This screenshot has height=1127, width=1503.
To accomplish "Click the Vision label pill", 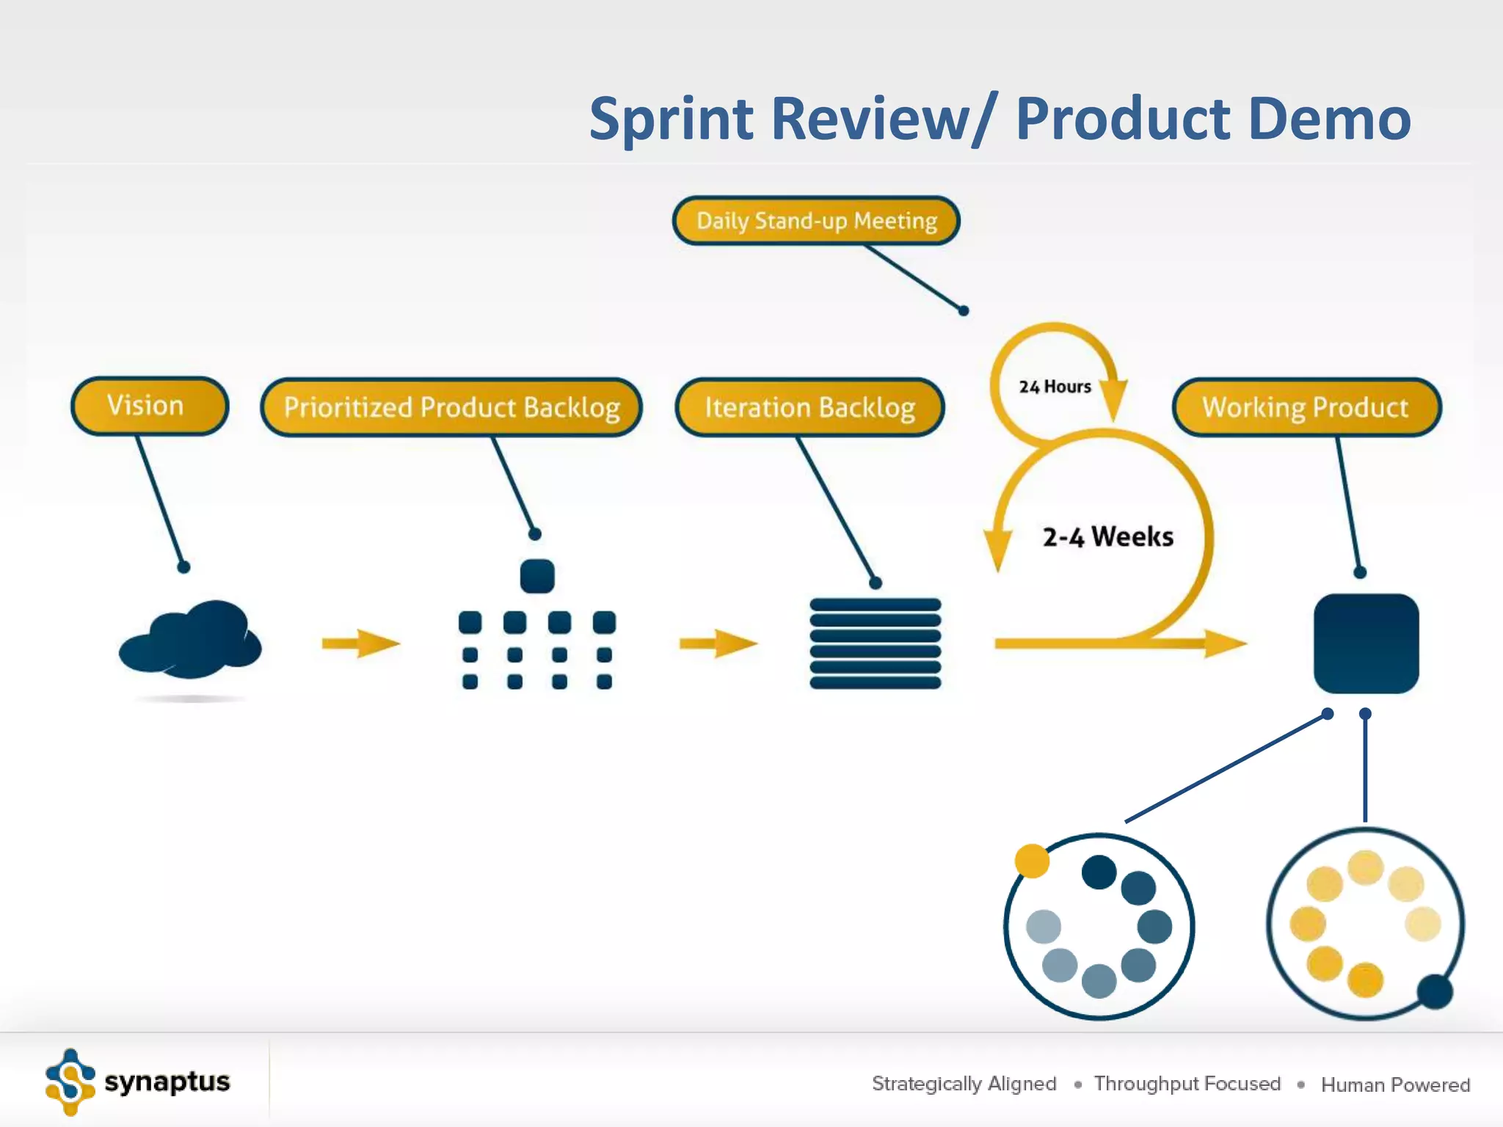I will tap(150, 406).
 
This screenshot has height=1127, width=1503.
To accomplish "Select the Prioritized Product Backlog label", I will tap(451, 407).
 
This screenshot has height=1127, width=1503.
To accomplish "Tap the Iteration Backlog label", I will tap(809, 407).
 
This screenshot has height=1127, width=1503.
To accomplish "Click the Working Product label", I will tap(1306, 407).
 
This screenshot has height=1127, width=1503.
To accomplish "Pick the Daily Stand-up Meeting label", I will tap(816, 221).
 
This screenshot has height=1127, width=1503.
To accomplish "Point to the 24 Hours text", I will tap(1055, 387).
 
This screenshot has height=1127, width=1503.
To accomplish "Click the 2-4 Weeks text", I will tap(1107, 537).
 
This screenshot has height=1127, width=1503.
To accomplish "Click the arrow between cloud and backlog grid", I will tap(360, 643).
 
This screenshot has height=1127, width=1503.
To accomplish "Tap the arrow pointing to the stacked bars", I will tap(718, 643).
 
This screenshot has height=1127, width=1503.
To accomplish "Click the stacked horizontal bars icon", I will tap(875, 643).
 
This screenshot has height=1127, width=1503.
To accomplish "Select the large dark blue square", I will tap(1366, 643).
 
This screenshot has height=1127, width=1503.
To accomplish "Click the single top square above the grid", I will tap(536, 576).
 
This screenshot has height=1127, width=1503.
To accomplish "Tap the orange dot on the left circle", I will tap(1032, 861).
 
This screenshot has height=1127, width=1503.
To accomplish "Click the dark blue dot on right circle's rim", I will tap(1435, 992).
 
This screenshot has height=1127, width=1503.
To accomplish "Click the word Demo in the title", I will tap(1329, 119).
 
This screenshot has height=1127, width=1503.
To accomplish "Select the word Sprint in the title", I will tap(671, 119).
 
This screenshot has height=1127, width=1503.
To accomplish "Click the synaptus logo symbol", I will tap(70, 1082).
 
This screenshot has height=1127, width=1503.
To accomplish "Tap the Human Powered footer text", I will tap(1395, 1084).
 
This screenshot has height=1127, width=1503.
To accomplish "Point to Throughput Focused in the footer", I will tap(1187, 1084).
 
